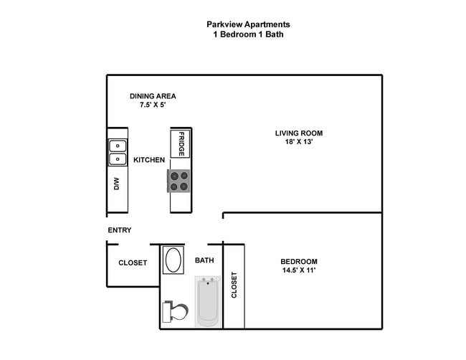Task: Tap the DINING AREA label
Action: [153, 96]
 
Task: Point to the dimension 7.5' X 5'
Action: [153, 105]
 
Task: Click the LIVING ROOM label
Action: [299, 133]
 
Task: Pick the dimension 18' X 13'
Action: [299, 142]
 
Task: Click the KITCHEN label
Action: [149, 159]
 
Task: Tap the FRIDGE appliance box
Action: [182, 144]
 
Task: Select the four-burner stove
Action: [179, 181]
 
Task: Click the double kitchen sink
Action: [118, 152]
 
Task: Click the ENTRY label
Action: [119, 230]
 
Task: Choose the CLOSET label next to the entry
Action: [133, 263]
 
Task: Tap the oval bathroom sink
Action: [173, 260]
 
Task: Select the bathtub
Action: [207, 302]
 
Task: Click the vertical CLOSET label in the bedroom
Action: [234, 285]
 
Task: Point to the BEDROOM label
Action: [299, 262]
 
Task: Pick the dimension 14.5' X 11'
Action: [299, 271]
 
